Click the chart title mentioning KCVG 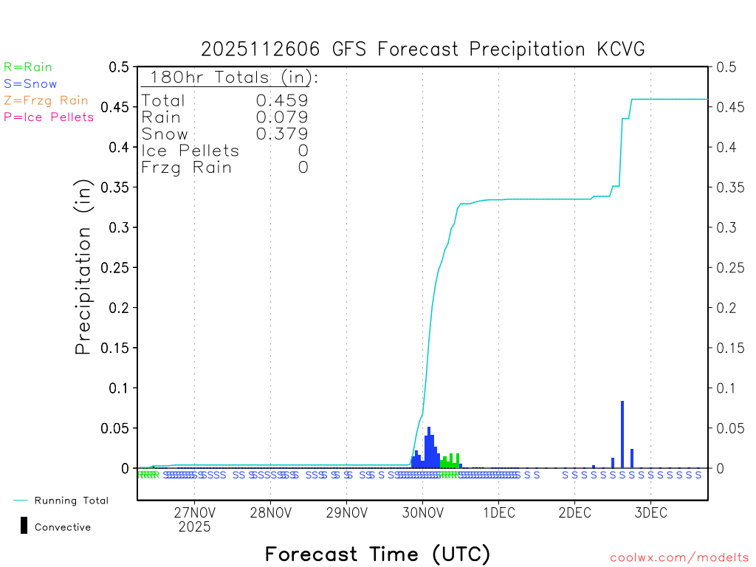(423, 49)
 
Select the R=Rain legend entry (28, 67)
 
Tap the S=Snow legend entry (30, 84)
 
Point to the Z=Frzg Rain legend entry (46, 100)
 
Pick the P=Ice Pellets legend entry (49, 117)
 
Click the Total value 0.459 (282, 100)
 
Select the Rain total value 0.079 (282, 117)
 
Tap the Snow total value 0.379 (282, 134)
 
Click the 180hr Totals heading (230, 78)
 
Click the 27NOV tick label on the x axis (194, 513)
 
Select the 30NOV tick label (422, 513)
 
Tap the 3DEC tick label (650, 513)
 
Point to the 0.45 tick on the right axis (726, 107)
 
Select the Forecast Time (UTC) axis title (377, 554)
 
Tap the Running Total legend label (71, 501)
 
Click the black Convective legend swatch (24, 526)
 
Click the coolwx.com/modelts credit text (679, 557)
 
